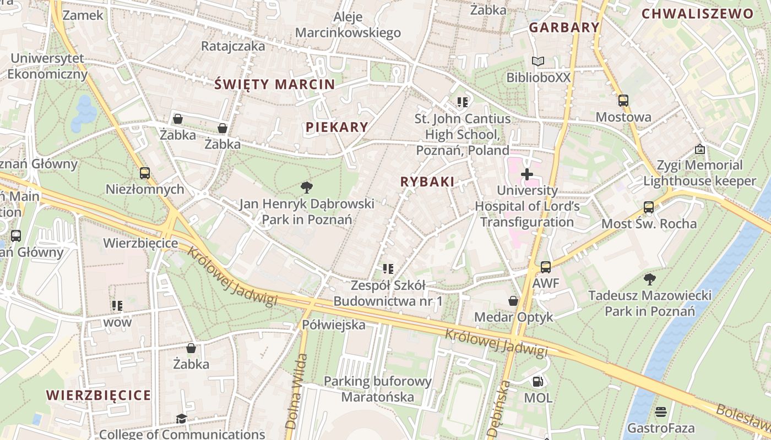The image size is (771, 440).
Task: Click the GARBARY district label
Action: pos(564,27)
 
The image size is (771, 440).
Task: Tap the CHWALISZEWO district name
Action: pos(698,14)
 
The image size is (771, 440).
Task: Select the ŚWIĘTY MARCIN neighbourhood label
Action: pos(274,84)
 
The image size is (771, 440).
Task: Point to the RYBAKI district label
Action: pos(427,182)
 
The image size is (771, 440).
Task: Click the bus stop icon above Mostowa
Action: pos(623,101)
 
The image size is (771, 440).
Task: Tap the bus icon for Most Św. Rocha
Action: pos(649,207)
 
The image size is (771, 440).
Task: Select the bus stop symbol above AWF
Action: pos(545,267)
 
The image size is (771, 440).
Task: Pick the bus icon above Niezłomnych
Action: pos(144,173)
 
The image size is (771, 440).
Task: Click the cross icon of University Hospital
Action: pos(527,174)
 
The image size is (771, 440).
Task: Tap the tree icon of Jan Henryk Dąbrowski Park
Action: pos(307,188)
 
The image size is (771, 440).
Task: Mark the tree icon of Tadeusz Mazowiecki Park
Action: pos(650,279)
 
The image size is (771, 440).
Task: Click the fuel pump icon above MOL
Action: pos(537,381)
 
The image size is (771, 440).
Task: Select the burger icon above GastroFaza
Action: pos(661,411)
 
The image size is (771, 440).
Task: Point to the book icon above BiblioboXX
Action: pos(538,61)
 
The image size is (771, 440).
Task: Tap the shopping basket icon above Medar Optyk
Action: pos(513,301)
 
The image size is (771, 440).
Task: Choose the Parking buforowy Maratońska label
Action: pos(377,389)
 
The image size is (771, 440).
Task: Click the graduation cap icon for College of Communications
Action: pos(181,419)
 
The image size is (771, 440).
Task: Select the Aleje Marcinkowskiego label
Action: pos(348,25)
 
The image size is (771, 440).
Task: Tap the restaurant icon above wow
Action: pos(117,305)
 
